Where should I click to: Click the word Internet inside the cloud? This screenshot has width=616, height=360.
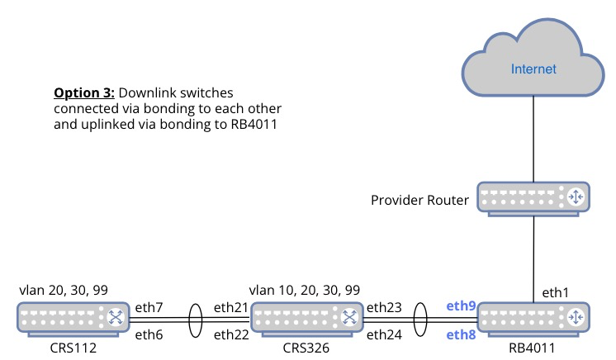(533, 69)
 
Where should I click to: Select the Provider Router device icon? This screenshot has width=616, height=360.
(533, 199)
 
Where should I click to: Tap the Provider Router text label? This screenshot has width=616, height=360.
(419, 200)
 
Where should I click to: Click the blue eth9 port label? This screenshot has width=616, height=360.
(461, 306)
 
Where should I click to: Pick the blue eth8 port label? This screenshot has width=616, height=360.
(461, 335)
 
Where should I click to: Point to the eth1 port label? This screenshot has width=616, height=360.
(555, 292)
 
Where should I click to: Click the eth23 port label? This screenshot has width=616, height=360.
(384, 307)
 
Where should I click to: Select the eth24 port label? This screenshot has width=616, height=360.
(384, 335)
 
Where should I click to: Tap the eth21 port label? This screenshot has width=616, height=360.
(231, 307)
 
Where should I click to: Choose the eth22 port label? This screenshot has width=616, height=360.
(231, 335)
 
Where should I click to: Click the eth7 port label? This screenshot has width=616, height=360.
(149, 307)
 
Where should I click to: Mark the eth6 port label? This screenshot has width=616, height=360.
(149, 335)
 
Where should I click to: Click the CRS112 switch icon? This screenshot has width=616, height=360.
(73, 320)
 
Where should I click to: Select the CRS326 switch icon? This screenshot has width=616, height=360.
(307, 320)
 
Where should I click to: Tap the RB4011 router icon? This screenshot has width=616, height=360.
(533, 320)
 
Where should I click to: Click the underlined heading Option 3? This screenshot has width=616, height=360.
(84, 92)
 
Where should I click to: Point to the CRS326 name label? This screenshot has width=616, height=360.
(306, 348)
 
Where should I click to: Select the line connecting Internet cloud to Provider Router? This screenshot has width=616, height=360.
(533, 139)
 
